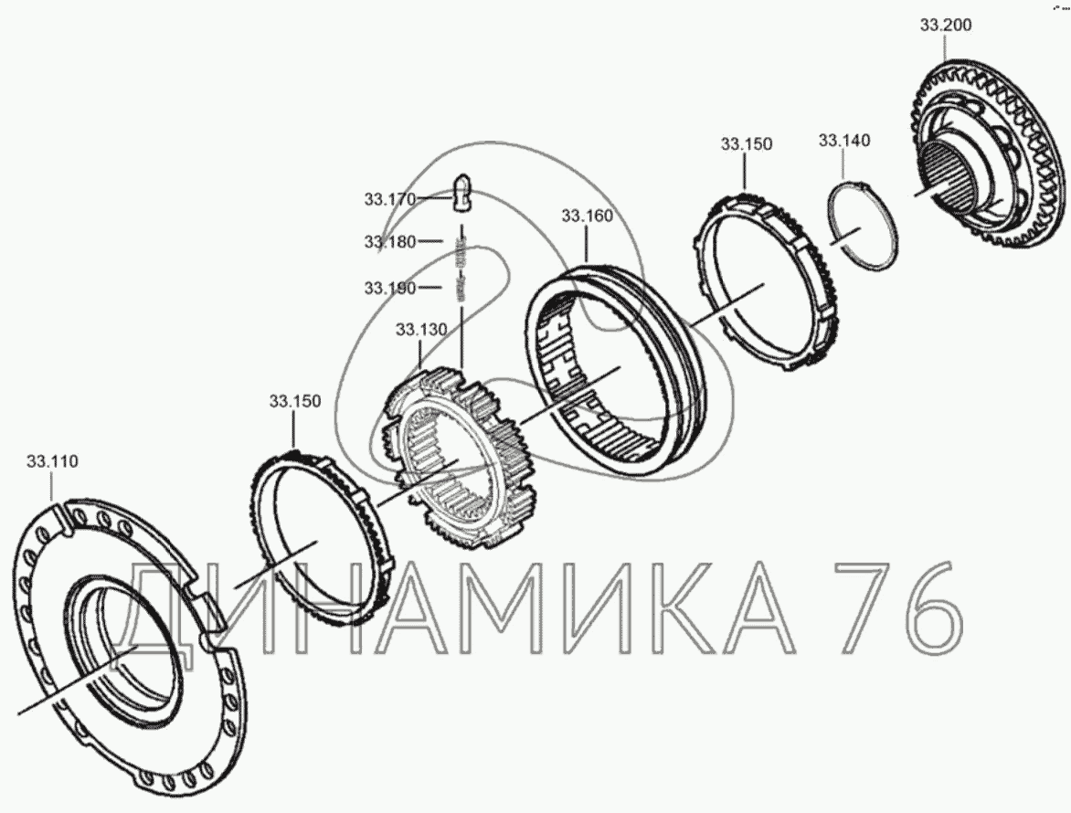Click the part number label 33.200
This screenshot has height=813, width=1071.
(x=945, y=26)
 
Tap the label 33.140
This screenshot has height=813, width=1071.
(x=844, y=140)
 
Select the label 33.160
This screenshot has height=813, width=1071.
(x=588, y=216)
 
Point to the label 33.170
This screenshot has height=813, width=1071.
(x=390, y=199)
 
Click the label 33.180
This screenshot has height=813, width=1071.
(x=390, y=242)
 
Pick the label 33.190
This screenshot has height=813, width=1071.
(x=390, y=288)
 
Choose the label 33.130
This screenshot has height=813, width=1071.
(x=421, y=330)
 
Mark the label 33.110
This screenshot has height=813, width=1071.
(x=53, y=461)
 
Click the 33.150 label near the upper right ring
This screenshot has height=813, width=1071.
(x=747, y=144)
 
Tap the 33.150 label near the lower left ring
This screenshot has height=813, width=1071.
(x=295, y=401)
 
